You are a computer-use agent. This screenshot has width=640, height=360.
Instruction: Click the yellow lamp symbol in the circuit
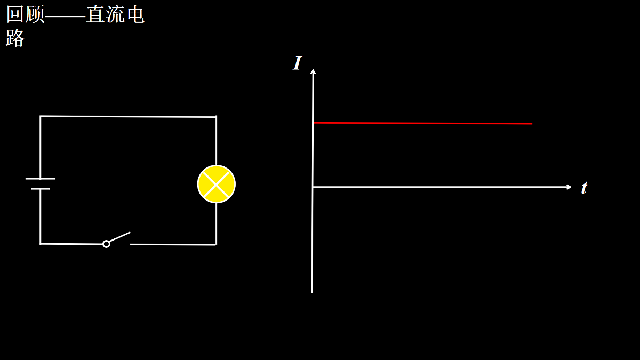click(217, 184)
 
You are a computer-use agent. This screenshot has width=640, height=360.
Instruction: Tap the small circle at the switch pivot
click(106, 244)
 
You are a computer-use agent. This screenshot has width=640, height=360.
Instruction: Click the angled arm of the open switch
click(119, 237)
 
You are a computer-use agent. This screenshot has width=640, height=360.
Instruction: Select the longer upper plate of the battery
click(41, 179)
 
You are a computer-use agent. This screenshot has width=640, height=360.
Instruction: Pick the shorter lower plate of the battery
click(41, 189)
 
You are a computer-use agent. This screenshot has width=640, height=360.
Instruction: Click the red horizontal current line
click(423, 123)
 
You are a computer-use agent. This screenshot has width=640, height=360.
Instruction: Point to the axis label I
click(298, 63)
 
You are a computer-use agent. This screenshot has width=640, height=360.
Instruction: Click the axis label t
click(585, 188)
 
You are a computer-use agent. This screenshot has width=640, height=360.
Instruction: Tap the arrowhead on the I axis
click(313, 71)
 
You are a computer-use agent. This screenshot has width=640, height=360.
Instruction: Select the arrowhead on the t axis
click(569, 187)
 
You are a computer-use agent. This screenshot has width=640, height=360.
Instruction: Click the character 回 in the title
click(15, 14)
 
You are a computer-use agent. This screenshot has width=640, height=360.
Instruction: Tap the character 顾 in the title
click(35, 14)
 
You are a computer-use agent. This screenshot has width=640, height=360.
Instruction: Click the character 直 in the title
click(95, 14)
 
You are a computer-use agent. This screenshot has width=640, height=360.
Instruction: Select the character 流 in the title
click(115, 14)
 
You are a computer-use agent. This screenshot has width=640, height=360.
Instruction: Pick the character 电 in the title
click(135, 14)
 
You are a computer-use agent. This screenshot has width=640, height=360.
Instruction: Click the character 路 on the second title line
click(15, 38)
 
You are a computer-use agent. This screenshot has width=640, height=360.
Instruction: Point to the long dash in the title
click(66, 15)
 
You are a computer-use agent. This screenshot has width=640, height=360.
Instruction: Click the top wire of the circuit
click(128, 116)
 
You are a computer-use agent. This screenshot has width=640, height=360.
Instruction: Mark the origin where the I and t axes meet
click(313, 187)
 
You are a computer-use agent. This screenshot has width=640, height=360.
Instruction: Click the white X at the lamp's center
click(217, 184)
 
